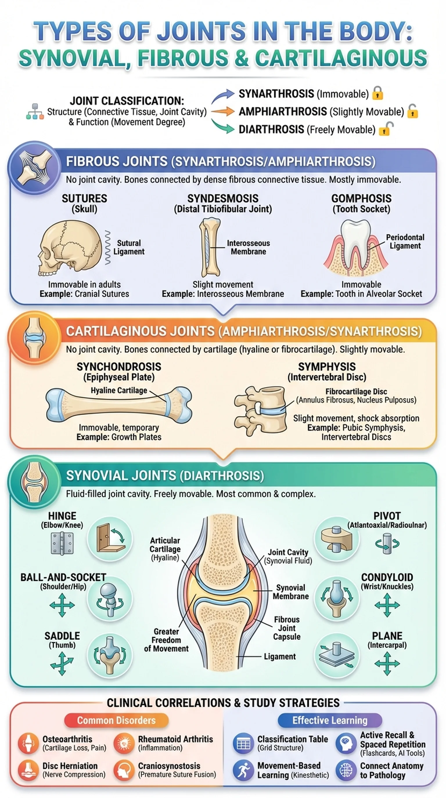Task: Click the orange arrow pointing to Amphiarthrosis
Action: tap(223, 111)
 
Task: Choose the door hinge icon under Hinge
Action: tap(62, 543)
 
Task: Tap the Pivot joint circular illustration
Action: tap(337, 539)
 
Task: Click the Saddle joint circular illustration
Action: tap(110, 655)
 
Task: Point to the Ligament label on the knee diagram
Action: tap(279, 656)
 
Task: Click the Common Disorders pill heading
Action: tap(116, 720)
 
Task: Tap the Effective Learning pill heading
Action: tap(330, 720)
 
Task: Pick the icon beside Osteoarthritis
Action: tap(28, 743)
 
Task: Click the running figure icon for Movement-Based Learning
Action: tap(243, 770)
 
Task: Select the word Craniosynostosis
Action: tap(169, 766)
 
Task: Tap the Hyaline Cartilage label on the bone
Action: tap(119, 390)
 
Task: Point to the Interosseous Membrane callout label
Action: tap(248, 247)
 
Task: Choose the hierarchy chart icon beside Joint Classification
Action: tap(35, 112)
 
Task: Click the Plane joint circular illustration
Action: tap(337, 655)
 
